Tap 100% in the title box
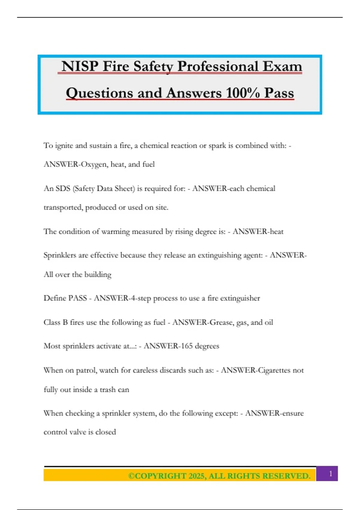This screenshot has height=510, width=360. pos(243,93)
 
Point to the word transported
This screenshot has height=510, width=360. pos(63,207)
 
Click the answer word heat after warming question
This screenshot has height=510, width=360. pos(276,231)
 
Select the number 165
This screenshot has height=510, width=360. pos(187,346)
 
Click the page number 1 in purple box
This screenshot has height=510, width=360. pos(331,474)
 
